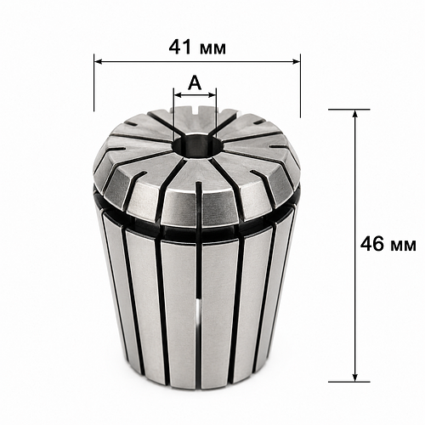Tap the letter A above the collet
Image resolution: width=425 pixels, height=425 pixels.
pos(195,82)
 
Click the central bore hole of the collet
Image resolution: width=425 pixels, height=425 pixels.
pos(198,146)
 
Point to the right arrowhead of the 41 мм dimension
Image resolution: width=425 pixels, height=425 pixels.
pos(296,61)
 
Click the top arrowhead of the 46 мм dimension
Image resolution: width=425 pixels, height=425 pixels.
pos(354,113)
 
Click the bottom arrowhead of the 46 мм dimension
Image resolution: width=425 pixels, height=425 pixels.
pos(354,377)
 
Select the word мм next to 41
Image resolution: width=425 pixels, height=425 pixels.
pos(212,49)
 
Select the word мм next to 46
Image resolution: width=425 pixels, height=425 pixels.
pos(403,246)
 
